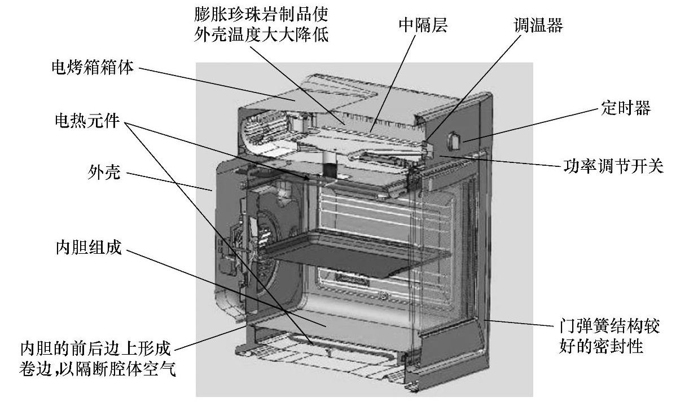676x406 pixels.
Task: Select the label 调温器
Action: pos(538,26)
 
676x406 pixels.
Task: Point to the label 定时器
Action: pos(626,109)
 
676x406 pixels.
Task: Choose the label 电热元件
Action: pos(86,121)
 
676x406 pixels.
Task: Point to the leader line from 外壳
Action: pos(169,182)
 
